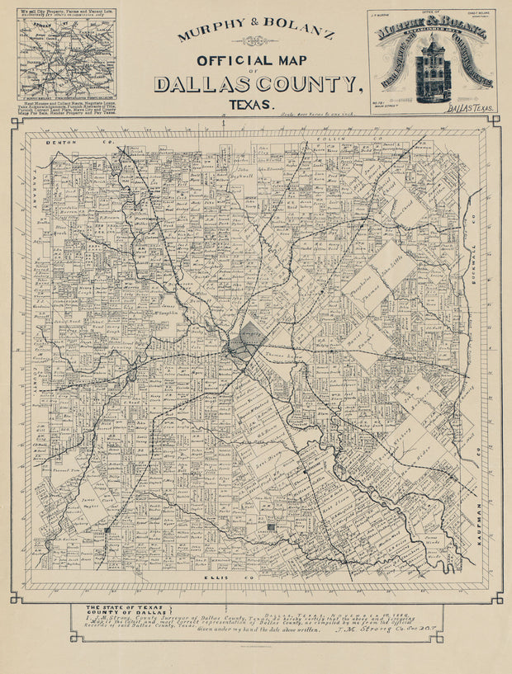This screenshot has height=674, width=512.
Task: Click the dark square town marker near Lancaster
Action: point(270,526)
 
